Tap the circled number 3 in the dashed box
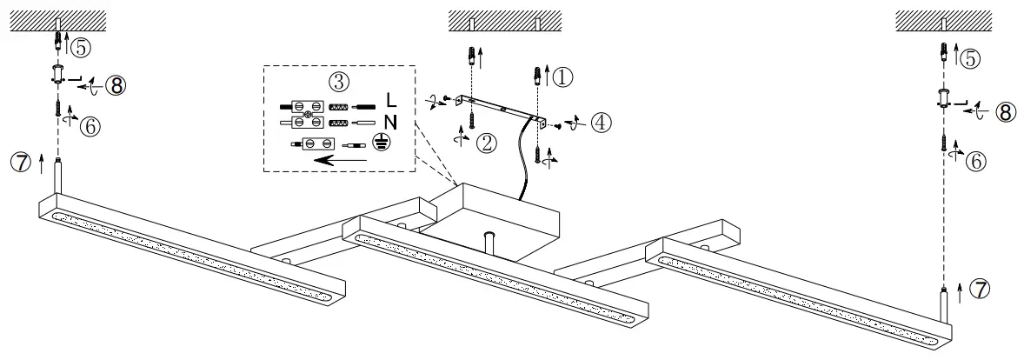(340, 83)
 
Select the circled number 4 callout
(599, 123)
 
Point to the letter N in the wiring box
(390, 122)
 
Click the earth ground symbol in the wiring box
(381, 144)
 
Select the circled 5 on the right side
(971, 58)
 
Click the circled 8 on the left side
(116, 84)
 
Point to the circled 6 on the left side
(90, 126)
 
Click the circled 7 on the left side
(19, 162)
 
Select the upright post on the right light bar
(944, 305)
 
